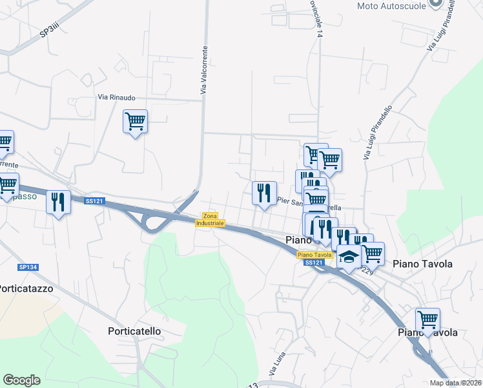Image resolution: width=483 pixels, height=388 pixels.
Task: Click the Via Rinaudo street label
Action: coord(117,97)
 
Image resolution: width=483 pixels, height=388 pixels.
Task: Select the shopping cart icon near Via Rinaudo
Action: coord(135,121)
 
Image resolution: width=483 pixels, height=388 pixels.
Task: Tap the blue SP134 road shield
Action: coord(27,266)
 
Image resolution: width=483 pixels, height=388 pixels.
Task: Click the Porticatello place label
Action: coord(134,330)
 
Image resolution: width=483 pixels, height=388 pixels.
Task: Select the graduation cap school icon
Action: coord(349,257)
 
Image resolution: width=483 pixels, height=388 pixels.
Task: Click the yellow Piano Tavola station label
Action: coord(315,255)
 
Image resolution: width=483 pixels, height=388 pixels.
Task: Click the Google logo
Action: coord(21,380)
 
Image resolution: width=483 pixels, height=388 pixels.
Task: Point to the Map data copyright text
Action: coord(455,383)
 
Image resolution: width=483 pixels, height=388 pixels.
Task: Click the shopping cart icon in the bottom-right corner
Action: coord(427,319)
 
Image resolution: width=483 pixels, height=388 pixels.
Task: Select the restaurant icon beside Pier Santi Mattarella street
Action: coord(264,193)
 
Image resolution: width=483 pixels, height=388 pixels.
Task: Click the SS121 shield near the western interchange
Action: coord(94,201)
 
